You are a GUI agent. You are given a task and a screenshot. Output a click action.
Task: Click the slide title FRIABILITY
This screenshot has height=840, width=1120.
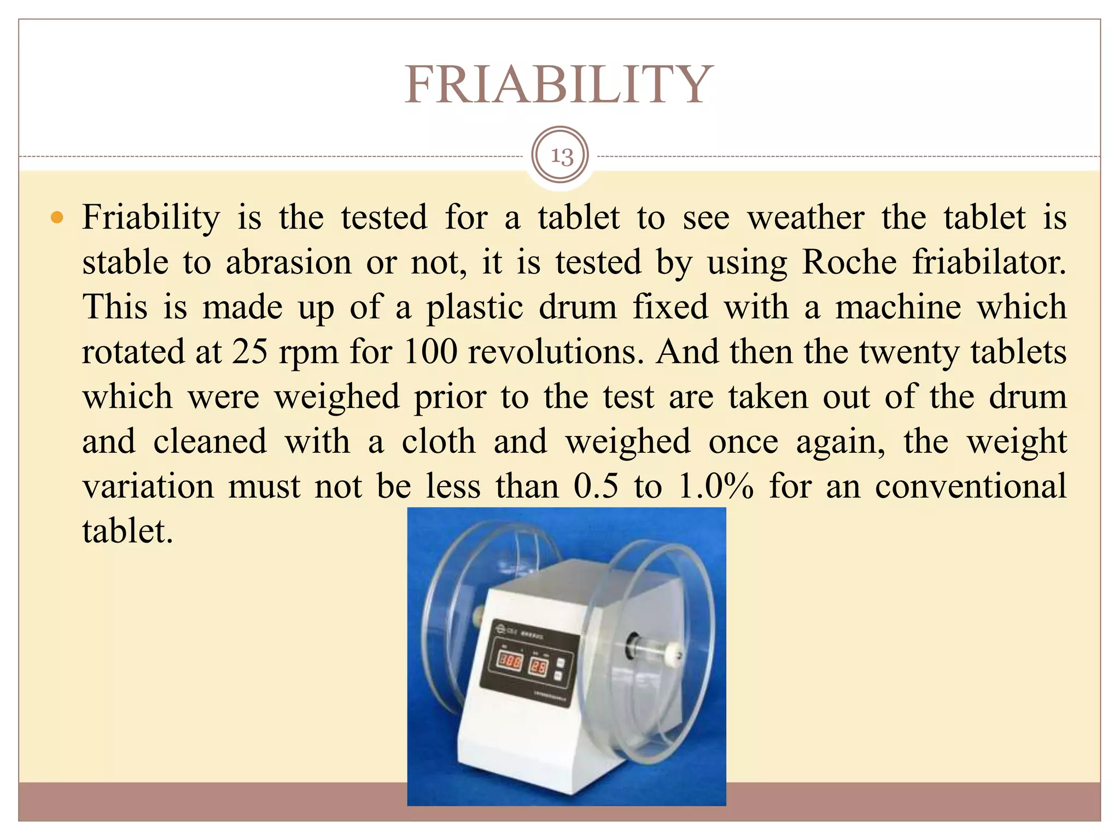tap(558, 85)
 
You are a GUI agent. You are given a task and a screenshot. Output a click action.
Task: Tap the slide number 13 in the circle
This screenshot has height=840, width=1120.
tap(561, 156)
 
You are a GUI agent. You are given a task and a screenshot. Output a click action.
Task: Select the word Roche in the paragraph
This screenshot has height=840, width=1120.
tap(849, 262)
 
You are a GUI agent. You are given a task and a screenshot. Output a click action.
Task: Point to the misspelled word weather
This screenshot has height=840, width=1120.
tap(806, 218)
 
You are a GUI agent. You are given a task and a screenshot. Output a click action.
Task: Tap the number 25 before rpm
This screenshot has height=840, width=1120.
tap(250, 352)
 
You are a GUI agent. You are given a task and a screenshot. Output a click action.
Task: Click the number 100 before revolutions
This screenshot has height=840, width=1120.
tap(430, 352)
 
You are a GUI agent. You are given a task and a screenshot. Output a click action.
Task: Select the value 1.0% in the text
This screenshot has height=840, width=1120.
tap(715, 486)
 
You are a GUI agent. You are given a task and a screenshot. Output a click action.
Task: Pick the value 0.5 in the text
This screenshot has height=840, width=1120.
tap(596, 486)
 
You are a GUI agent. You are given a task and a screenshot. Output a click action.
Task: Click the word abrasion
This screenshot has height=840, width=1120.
tap(289, 262)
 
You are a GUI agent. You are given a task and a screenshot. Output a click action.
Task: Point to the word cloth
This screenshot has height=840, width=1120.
tap(439, 441)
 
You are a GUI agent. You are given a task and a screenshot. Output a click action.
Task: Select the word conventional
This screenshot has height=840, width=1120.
tap(970, 486)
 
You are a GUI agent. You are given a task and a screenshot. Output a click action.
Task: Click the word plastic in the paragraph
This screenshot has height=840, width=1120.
tap(475, 307)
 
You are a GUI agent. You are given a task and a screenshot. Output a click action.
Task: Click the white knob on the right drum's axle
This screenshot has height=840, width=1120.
tap(674, 654)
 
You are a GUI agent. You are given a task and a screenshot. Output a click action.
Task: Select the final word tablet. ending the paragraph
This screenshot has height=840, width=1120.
tap(127, 531)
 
